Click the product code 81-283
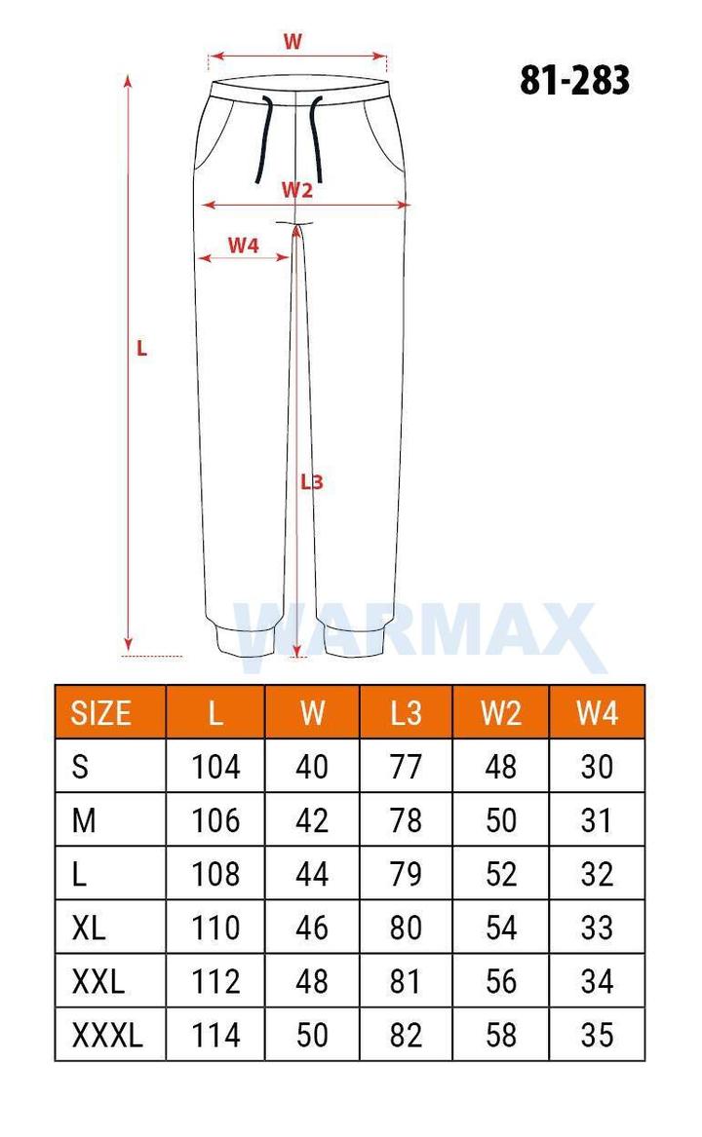click(574, 80)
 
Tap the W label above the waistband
click(292, 41)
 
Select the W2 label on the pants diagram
click(297, 190)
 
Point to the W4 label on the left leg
click(243, 246)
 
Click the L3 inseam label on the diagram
click(311, 481)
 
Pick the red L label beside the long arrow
click(141, 349)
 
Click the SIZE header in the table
click(100, 713)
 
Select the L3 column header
click(406, 713)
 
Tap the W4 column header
click(597, 713)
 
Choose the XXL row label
click(98, 982)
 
